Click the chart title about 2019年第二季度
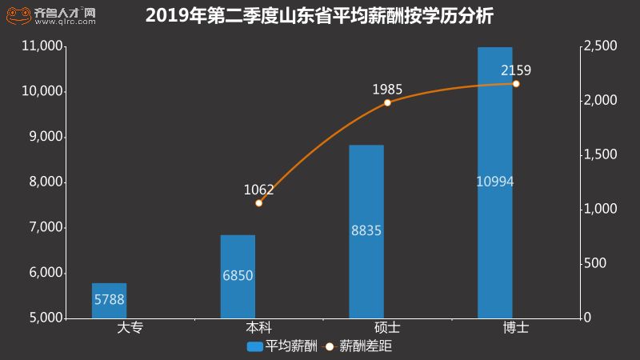point(319,15)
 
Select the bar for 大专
point(109,301)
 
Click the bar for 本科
point(238,276)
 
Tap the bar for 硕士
point(366,232)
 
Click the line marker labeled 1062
point(258,203)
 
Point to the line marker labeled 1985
point(387,102)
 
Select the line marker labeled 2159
point(516,84)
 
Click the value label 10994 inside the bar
point(494,182)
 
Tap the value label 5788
point(109,301)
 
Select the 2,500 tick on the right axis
point(601,46)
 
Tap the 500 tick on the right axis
point(595,263)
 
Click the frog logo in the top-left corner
point(17,14)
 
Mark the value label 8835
point(366,231)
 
